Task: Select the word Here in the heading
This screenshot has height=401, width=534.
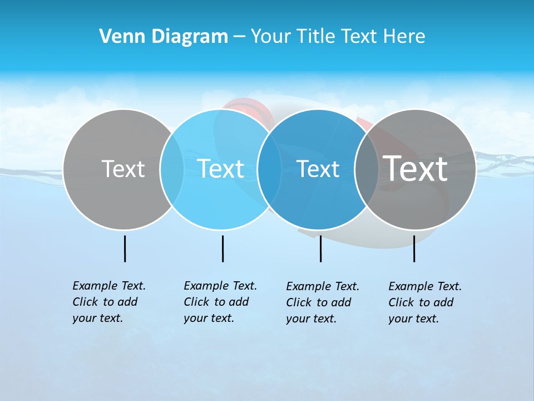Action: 404,37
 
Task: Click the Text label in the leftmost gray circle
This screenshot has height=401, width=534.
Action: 123,169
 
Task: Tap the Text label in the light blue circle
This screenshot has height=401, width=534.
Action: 221,169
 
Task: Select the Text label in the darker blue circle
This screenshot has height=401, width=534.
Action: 318,169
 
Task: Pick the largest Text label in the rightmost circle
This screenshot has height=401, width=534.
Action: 416,169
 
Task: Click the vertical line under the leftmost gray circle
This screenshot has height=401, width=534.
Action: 125,248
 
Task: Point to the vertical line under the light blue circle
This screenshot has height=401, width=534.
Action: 222,248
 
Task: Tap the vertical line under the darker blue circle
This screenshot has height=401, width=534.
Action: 320,248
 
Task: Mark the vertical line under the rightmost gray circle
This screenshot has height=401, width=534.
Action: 414,248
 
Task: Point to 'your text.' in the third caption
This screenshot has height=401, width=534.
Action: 311,319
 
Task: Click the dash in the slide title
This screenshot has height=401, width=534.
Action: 239,37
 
